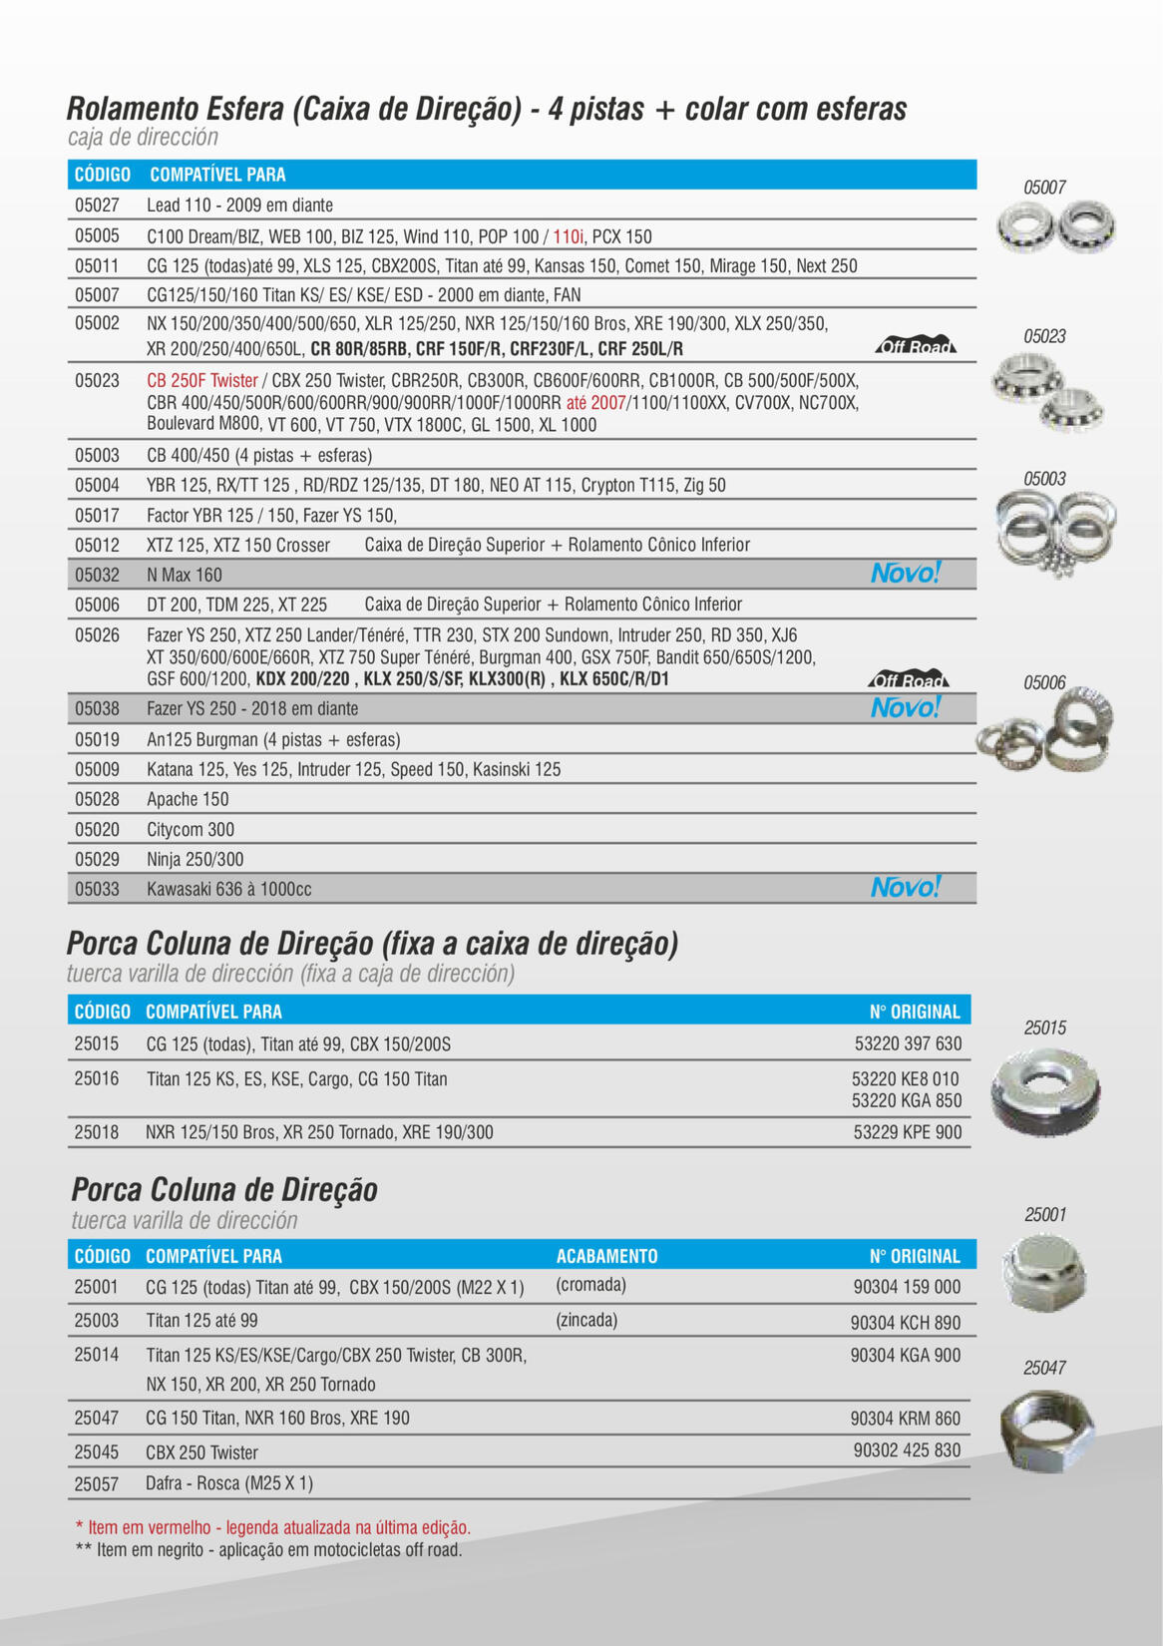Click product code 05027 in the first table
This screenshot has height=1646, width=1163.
click(x=97, y=206)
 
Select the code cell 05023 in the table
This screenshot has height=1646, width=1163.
click(x=97, y=380)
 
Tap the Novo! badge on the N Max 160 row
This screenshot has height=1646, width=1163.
click(x=905, y=574)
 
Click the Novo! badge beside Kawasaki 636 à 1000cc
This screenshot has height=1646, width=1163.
click(x=905, y=887)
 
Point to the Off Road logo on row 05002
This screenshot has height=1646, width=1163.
click(x=916, y=346)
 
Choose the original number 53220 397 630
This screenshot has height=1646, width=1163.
click(x=908, y=1043)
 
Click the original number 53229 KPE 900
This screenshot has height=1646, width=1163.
click(x=908, y=1132)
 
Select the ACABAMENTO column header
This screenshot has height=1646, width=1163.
click(x=606, y=1256)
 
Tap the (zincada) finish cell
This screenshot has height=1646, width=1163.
click(x=586, y=1320)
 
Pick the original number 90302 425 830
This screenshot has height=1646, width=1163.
click(x=907, y=1450)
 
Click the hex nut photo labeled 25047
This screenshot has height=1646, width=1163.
click(x=1045, y=1432)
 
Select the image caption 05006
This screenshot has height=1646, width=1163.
click(x=1044, y=683)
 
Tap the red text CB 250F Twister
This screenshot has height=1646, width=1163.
click(x=202, y=381)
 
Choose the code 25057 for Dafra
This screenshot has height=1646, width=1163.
click(x=96, y=1484)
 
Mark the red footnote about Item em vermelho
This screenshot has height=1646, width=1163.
click(x=272, y=1527)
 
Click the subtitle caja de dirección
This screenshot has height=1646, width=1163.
click(x=143, y=138)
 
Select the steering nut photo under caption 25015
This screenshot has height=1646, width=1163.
click(x=1045, y=1092)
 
